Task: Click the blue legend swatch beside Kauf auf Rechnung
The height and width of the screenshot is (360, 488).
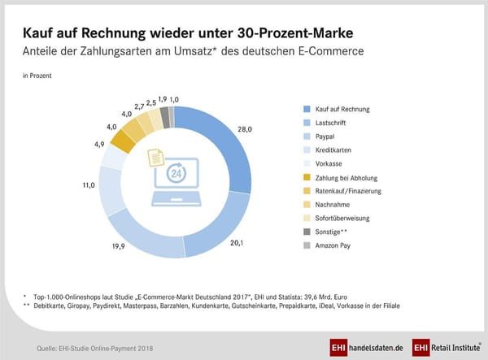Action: (306, 109)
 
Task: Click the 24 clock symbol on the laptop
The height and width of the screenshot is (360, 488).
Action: (175, 173)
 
